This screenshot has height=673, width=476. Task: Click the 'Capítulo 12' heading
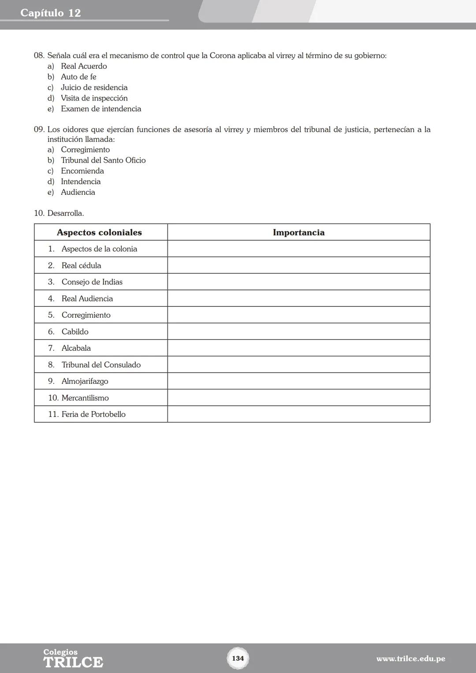pyautogui.click(x=51, y=13)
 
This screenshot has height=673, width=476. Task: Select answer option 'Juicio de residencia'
pyautogui.click(x=94, y=87)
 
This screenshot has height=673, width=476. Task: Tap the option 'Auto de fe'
pyautogui.click(x=78, y=77)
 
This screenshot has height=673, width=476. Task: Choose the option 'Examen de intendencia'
pyautogui.click(x=101, y=109)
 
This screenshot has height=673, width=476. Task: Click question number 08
pyautogui.click(x=39, y=56)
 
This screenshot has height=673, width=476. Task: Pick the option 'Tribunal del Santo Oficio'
pyautogui.click(x=103, y=160)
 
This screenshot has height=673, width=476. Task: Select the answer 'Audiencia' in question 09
pyautogui.click(x=78, y=192)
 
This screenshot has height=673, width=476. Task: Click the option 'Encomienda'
pyautogui.click(x=82, y=171)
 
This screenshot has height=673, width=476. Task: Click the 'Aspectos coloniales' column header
pyautogui.click(x=99, y=232)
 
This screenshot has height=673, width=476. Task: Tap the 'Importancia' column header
pyautogui.click(x=298, y=232)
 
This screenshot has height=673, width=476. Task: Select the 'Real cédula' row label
pyautogui.click(x=81, y=265)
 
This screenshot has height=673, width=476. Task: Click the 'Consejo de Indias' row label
pyautogui.click(x=92, y=282)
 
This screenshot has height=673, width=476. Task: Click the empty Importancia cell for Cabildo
pyautogui.click(x=298, y=331)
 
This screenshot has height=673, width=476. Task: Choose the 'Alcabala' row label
pyautogui.click(x=76, y=348)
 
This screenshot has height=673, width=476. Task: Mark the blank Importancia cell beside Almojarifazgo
pyautogui.click(x=298, y=381)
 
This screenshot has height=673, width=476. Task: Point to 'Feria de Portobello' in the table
pyautogui.click(x=93, y=414)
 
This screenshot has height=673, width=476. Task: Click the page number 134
pyautogui.click(x=238, y=658)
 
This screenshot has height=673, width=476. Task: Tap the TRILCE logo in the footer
pyautogui.click(x=73, y=659)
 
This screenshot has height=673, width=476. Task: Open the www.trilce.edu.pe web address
pyautogui.click(x=410, y=659)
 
